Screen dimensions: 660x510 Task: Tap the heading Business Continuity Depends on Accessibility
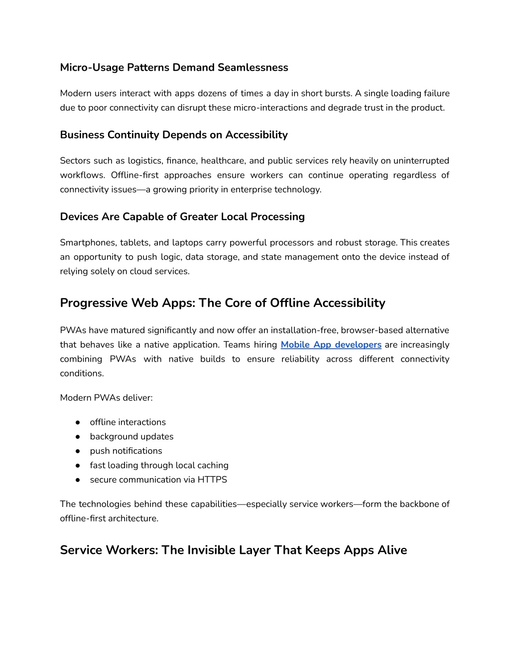pos(174,134)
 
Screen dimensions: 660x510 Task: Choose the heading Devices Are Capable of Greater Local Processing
pos(182,217)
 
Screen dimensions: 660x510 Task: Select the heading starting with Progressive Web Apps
pos(223,303)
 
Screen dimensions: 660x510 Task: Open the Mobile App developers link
pos(331,345)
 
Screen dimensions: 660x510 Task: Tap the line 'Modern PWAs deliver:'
pos(106,397)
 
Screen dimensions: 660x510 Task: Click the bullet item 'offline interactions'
pos(127,422)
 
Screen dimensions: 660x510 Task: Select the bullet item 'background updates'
pos(131,436)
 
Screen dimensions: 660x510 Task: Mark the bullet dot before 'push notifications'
pos(78,451)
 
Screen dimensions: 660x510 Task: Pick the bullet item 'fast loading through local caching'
pos(159,465)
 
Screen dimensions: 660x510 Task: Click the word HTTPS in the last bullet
pos(212,480)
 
